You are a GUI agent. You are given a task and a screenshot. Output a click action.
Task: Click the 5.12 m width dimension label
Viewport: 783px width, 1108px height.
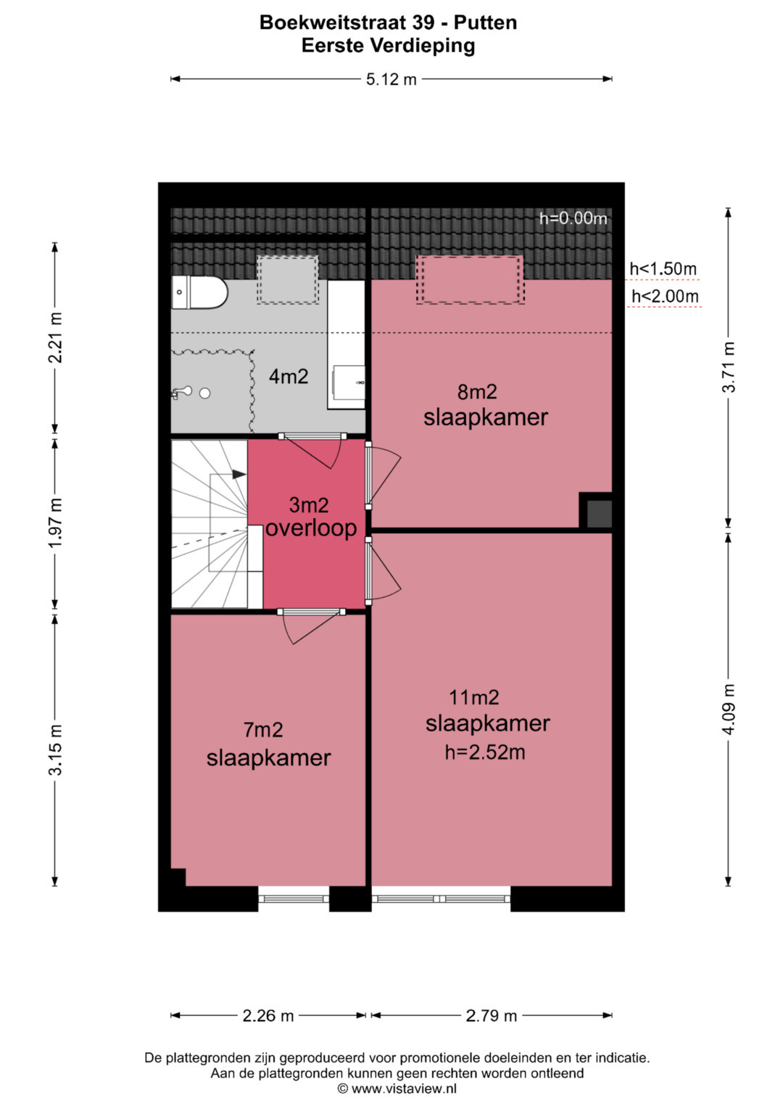(391, 79)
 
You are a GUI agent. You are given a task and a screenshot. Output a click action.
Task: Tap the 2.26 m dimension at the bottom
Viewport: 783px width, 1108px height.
(268, 1016)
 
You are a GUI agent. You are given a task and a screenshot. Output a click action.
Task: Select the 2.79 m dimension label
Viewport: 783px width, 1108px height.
(492, 1016)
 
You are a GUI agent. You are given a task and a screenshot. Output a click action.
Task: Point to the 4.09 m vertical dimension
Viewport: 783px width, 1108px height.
(728, 709)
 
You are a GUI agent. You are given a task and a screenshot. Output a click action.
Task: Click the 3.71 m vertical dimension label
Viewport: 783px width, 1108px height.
(728, 366)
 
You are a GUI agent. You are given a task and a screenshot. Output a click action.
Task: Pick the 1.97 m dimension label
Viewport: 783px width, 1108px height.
(55, 522)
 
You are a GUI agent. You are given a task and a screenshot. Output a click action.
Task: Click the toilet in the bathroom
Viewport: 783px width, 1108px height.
(199, 292)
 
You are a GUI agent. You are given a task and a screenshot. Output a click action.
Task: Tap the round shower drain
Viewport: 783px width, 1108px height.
(204, 393)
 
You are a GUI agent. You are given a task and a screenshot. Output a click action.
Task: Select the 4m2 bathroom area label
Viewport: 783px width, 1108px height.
(289, 377)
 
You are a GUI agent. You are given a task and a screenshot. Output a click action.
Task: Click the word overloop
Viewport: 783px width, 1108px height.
(311, 528)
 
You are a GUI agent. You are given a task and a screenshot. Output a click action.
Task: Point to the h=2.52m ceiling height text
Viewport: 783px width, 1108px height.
(485, 752)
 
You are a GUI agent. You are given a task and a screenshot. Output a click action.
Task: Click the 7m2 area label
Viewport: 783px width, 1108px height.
(263, 730)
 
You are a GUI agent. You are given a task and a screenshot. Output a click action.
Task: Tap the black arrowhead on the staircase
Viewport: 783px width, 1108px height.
(239, 474)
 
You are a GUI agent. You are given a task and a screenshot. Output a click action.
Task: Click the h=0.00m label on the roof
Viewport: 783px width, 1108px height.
(573, 218)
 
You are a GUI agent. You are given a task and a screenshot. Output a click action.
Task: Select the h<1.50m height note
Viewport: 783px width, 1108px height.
(663, 269)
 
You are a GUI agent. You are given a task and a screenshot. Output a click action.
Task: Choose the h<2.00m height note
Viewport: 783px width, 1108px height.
(665, 296)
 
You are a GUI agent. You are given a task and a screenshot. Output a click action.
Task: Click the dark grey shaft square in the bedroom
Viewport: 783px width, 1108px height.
(599, 514)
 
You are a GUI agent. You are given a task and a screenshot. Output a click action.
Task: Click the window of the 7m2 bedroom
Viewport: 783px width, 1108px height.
(294, 898)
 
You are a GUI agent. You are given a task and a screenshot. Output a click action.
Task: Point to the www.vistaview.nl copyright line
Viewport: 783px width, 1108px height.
(397, 1088)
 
